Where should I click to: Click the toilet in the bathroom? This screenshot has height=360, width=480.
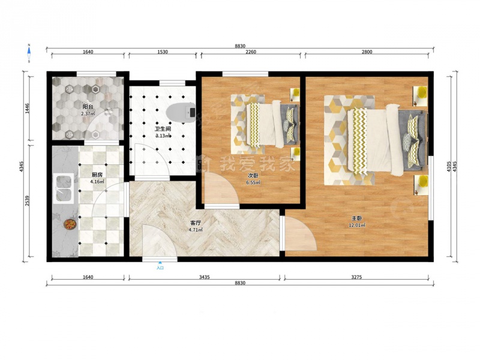181,113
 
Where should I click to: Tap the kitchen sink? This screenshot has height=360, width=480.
64,188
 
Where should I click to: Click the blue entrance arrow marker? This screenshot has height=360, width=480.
160,262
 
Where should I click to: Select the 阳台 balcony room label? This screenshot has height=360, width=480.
88,107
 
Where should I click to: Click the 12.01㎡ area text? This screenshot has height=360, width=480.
357,226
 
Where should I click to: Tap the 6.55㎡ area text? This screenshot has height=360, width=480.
253,183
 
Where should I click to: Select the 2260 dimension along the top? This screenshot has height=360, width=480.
251,52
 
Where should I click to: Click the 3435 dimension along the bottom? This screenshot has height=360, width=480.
204,277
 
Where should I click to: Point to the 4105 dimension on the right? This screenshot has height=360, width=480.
449,167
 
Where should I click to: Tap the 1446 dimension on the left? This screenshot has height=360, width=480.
27,109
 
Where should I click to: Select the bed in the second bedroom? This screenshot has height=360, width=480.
272,124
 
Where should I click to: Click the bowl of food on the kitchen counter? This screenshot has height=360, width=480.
70,224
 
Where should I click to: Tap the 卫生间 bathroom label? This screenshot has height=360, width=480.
163,129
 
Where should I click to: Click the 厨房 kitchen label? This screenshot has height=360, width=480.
97,175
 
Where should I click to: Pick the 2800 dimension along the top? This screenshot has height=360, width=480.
367,52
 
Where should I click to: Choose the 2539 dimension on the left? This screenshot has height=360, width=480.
27,200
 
